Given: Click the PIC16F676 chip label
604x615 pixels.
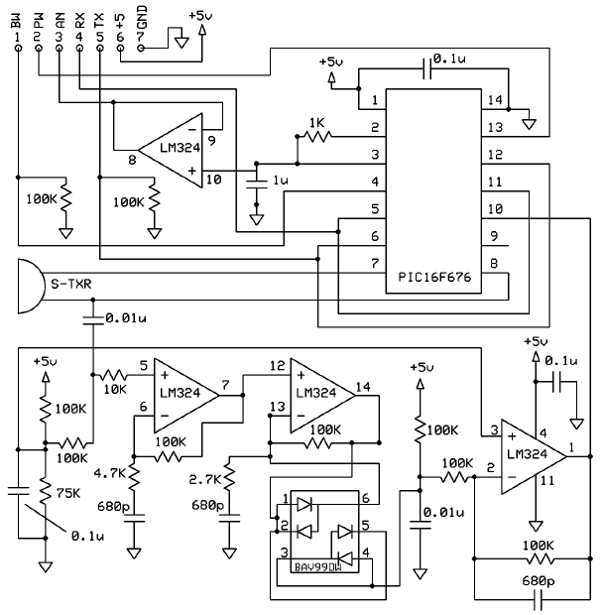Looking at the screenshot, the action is [x=434, y=277].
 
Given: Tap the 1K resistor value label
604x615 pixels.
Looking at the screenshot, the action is [x=317, y=123].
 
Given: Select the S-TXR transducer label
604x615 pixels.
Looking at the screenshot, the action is [x=71, y=284].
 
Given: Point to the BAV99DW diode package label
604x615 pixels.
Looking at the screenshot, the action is [x=317, y=567].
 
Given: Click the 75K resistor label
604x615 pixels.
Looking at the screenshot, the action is [x=68, y=493].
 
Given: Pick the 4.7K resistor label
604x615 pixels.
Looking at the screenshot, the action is [x=109, y=473].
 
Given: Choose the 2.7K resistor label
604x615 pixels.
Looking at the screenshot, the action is [x=205, y=479].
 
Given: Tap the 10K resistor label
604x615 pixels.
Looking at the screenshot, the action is [x=114, y=389].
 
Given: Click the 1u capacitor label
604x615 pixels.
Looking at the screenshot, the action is [x=281, y=180].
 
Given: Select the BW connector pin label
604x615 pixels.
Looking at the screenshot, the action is [x=17, y=21].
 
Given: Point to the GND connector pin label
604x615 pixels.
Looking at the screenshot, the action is [x=142, y=18].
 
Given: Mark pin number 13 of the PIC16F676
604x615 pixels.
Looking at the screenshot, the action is [x=495, y=127].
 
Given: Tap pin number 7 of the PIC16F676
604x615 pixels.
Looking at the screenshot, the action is [x=375, y=263].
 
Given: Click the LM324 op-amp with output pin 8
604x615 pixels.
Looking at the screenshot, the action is [x=171, y=151].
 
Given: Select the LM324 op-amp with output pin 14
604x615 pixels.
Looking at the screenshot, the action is [x=322, y=396].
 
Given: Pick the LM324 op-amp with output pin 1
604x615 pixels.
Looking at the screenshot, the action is [x=534, y=456].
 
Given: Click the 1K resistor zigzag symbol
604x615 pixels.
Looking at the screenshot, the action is [x=317, y=137].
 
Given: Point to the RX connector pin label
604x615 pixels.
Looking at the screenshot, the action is [x=79, y=21].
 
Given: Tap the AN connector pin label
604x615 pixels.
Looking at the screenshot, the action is [x=60, y=21].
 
